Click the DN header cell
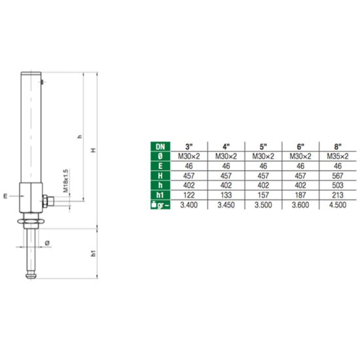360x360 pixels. pos(160,147)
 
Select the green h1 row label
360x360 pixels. pos(160,195)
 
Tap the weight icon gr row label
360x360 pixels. pos(160,205)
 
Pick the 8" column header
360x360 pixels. pos(338,147)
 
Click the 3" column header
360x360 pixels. pos(189,147)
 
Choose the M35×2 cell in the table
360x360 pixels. pos(338,156)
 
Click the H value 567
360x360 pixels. pos(338,176)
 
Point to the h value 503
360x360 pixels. pos(338,185)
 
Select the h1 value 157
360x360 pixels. pos(263,195)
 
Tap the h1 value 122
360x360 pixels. pos(189,195)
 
